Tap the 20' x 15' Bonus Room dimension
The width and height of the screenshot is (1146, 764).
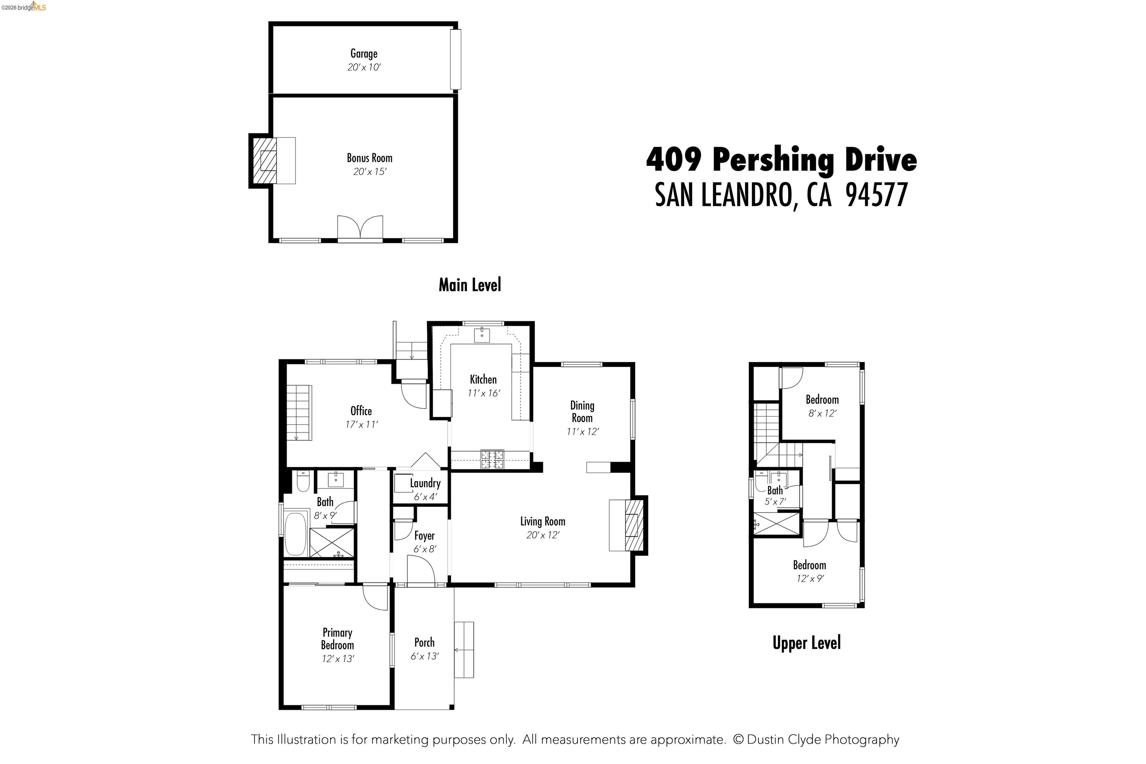pyautogui.click(x=369, y=172)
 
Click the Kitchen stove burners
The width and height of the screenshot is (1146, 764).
pyautogui.click(x=492, y=459)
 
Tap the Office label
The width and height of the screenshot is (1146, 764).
pyautogui.click(x=361, y=411)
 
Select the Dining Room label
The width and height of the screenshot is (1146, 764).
pyautogui.click(x=582, y=412)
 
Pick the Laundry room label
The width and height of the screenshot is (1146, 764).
pyautogui.click(x=425, y=483)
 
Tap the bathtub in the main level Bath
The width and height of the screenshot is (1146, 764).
pyautogui.click(x=295, y=533)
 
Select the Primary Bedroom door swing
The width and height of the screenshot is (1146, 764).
pyautogui.click(x=375, y=597)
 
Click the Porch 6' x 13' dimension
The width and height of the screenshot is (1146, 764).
pyautogui.click(x=425, y=656)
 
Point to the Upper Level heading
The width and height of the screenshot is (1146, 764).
pyautogui.click(x=807, y=643)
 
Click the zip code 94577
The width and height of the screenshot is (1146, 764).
pyautogui.click(x=876, y=195)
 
